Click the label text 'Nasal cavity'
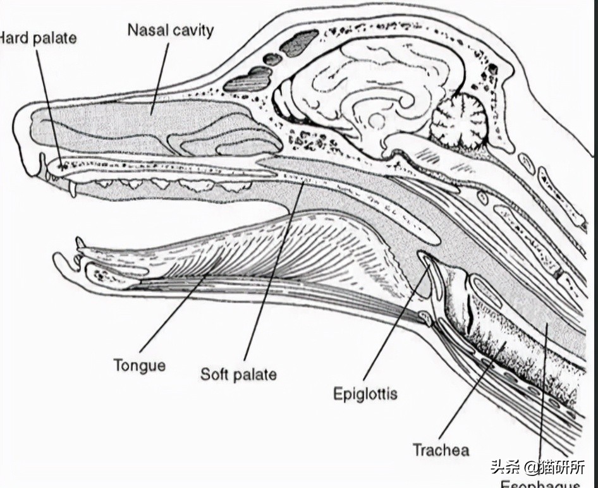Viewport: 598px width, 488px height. pos(171,30)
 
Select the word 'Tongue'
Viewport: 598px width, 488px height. pos(140,365)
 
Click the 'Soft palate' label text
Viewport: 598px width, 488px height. pos(238,374)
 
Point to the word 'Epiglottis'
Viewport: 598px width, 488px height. pos(365,394)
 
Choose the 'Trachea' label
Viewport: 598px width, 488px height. pos(441,449)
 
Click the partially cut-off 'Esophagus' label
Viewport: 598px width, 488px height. pos(540,484)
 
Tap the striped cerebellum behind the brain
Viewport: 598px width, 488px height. pos(458,119)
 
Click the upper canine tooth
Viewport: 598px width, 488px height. pos(73,187)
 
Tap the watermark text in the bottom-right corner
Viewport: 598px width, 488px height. pos(537,467)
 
